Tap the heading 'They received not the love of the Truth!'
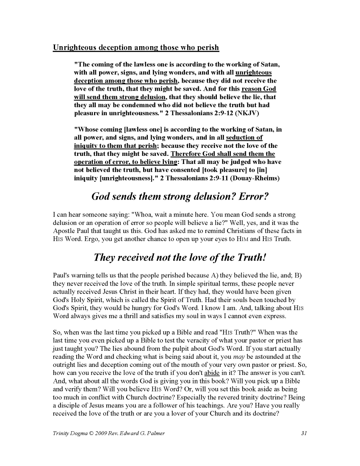click(180, 257)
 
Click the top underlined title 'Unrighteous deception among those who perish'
click(136, 47)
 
